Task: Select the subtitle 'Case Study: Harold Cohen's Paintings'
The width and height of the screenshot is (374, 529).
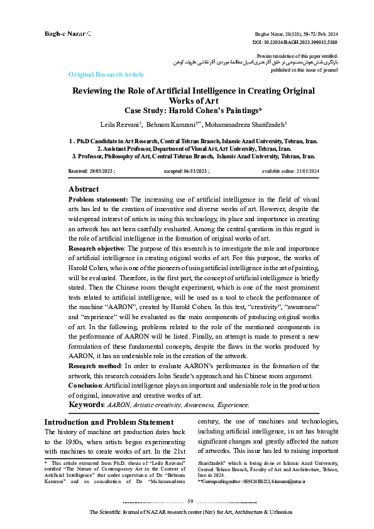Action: tap(194, 111)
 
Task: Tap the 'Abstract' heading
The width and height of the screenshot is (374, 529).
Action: tap(83, 189)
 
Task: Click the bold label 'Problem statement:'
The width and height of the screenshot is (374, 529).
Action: tap(98, 199)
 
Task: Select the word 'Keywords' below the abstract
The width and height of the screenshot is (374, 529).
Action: tap(86, 405)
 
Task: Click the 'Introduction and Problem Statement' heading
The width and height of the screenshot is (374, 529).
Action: tap(109, 422)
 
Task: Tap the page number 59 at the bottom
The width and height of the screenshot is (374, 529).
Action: tap(190, 500)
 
